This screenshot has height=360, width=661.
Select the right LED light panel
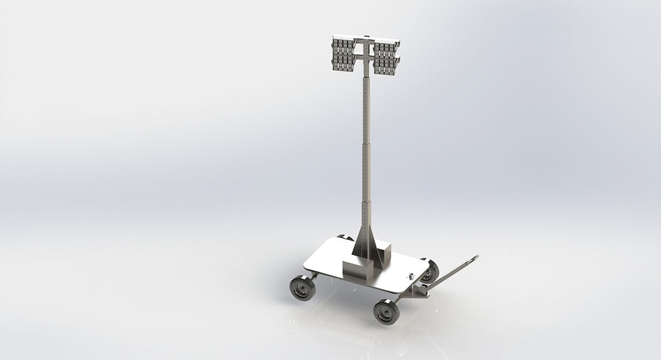[386, 55]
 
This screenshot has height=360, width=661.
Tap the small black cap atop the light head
[365, 36]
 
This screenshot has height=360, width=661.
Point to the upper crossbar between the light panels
[365, 43]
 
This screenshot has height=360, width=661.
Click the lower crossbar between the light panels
[365, 59]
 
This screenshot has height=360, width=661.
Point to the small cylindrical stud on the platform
[409, 277]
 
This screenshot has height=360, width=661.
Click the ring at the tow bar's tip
[473, 258]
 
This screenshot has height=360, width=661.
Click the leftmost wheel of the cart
[302, 288]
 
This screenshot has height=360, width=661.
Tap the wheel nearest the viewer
[386, 311]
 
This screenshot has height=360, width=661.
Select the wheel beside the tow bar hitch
[429, 272]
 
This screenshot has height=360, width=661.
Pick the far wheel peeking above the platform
[345, 237]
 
